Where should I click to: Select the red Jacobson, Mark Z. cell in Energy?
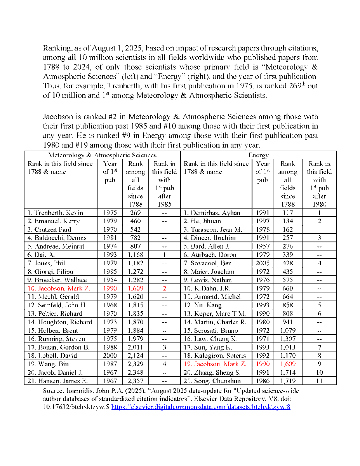coord(215,364)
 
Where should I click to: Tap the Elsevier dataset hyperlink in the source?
coord(201,407)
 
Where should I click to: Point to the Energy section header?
coord(259,155)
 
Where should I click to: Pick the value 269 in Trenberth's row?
coord(135,213)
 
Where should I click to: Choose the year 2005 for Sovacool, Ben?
coord(263,263)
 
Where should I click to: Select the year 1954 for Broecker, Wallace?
coord(110,280)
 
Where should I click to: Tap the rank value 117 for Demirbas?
coord(287,213)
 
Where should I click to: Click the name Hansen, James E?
coord(57,381)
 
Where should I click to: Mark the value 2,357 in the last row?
coord(135,381)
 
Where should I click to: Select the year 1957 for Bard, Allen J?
coord(263,246)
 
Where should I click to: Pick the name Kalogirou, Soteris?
coord(215,356)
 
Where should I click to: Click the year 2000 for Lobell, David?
coord(110,356)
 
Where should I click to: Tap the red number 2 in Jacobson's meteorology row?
coord(164,289)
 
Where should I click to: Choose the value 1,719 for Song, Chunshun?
coord(287,381)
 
